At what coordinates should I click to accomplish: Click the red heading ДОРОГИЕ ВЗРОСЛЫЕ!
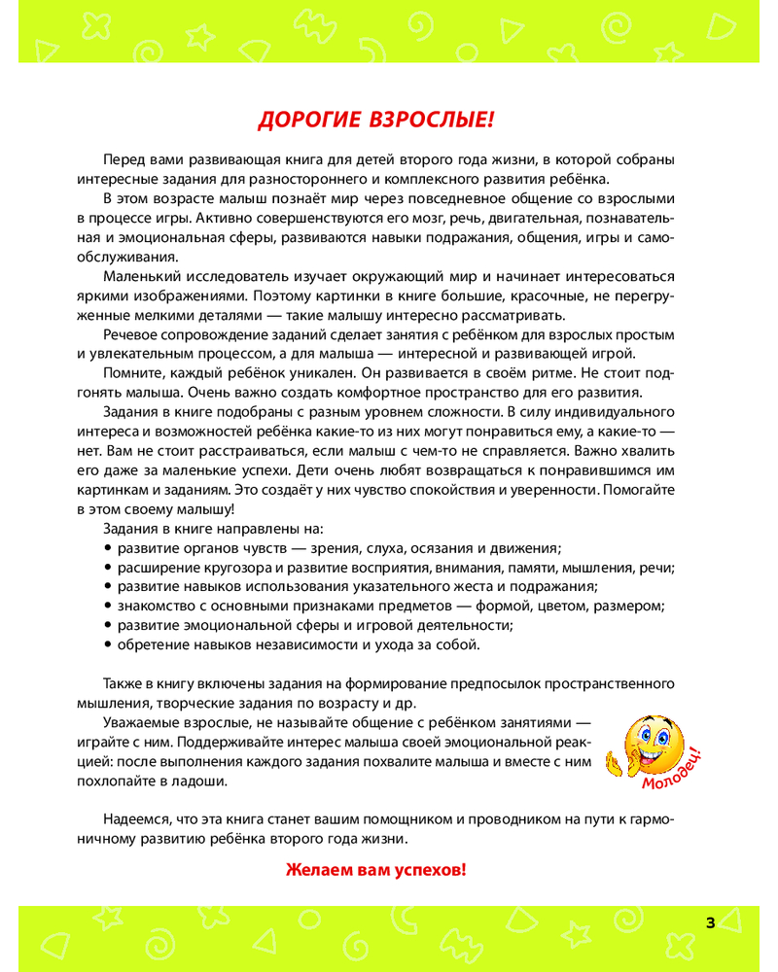pyautogui.click(x=375, y=121)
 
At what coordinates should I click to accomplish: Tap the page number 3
pyautogui.click(x=710, y=922)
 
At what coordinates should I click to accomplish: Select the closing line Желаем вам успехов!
pyautogui.click(x=375, y=869)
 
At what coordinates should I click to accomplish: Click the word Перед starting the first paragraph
pyautogui.click(x=122, y=159)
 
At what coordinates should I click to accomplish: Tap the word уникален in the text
pyautogui.click(x=301, y=373)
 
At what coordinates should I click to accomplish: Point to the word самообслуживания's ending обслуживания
pyautogui.click(x=126, y=257)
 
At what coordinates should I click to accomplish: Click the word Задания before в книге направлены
pyautogui.click(x=132, y=529)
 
